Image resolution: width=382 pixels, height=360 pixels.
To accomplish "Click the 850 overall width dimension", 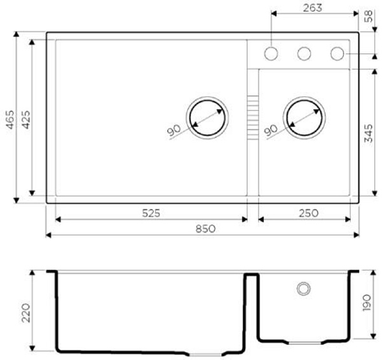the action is click(x=206, y=229).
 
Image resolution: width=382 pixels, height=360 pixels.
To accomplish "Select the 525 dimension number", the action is click(x=151, y=213).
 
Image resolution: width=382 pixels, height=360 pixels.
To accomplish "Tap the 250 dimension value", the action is click(x=309, y=213).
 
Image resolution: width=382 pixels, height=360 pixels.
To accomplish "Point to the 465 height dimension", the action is click(x=10, y=119).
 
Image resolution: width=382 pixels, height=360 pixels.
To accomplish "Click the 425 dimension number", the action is click(x=25, y=119).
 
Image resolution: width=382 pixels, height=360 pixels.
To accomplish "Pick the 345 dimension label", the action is click(x=368, y=133).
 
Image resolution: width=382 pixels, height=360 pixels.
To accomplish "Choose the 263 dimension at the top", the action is click(x=313, y=8).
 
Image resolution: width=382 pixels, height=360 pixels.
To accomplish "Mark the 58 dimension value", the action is click(x=369, y=16).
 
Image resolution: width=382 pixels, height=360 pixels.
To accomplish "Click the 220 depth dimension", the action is click(x=25, y=313).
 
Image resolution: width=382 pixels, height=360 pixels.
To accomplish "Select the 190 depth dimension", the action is click(x=367, y=303).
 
